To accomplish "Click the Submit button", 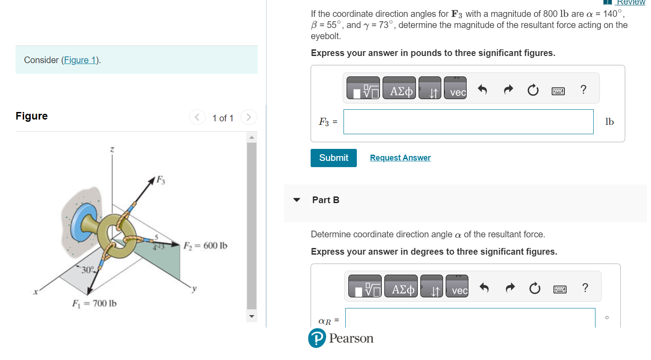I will (333, 158).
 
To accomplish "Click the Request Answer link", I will (400, 158).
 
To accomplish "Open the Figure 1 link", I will (80, 60).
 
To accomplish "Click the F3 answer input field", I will (468, 122).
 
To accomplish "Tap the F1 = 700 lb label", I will (94, 304).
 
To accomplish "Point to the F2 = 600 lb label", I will (205, 246).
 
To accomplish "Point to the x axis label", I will (35, 292).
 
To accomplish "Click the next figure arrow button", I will (248, 118).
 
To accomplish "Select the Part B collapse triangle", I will (296, 200).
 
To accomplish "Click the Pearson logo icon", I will (317, 339).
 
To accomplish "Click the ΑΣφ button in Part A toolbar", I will (399, 92).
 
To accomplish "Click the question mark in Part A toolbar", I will (583, 90).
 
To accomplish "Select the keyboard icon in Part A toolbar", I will (558, 91).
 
